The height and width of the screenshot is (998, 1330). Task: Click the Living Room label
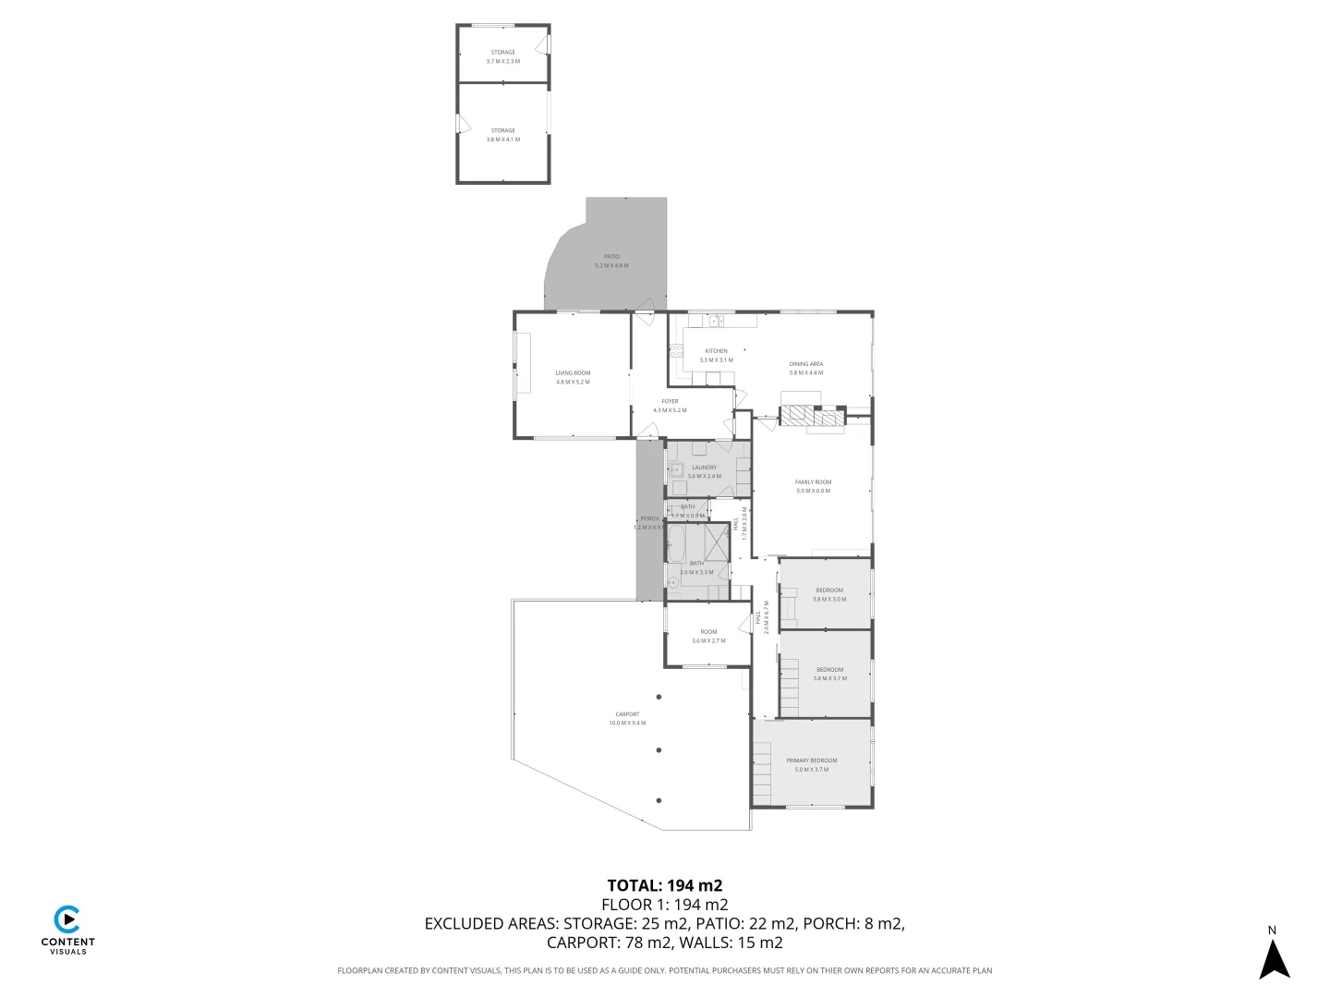pyautogui.click(x=573, y=377)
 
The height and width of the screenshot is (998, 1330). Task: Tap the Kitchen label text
pyautogui.click(x=716, y=355)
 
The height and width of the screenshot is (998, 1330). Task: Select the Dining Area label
pyautogui.click(x=805, y=368)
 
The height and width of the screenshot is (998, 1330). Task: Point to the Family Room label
pyautogui.click(x=813, y=486)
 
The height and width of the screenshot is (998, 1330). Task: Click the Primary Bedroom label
pyautogui.click(x=811, y=764)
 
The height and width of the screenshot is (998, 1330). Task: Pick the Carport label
pyautogui.click(x=627, y=718)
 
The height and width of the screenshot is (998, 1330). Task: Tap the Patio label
pyautogui.click(x=611, y=261)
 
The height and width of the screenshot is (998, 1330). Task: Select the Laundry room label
pyautogui.click(x=704, y=471)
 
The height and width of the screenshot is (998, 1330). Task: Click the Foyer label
pyautogui.click(x=670, y=406)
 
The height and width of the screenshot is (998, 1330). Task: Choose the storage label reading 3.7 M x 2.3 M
pyautogui.click(x=502, y=56)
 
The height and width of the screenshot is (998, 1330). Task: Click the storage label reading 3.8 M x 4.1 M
pyautogui.click(x=502, y=135)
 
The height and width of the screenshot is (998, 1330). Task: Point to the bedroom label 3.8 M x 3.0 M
pyautogui.click(x=828, y=594)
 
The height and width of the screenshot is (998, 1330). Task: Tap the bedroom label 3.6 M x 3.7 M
pyautogui.click(x=828, y=674)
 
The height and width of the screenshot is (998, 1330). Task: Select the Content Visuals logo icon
pyautogui.click(x=66, y=919)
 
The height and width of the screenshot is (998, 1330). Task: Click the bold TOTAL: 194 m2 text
pyautogui.click(x=664, y=885)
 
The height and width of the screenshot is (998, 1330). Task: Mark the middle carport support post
pyautogui.click(x=659, y=750)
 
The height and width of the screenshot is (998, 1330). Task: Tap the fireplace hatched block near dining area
pyautogui.click(x=813, y=418)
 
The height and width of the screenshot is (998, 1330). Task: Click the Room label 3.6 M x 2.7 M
pyautogui.click(x=708, y=636)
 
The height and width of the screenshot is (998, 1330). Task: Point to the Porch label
pyautogui.click(x=649, y=522)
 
